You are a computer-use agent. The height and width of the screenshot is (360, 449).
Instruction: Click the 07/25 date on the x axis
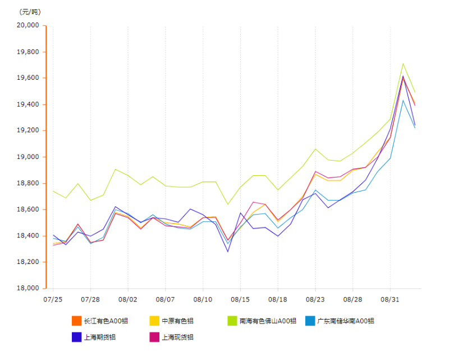pyautogui.click(x=53, y=300)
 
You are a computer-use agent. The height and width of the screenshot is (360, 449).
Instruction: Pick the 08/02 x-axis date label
pyautogui.click(x=128, y=300)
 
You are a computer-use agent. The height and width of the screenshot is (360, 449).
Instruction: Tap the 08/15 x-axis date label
pyautogui.click(x=240, y=300)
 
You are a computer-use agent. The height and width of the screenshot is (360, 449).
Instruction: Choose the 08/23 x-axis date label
pyautogui.click(x=315, y=300)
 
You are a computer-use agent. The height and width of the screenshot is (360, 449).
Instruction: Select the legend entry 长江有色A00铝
pyautogui.click(x=106, y=321)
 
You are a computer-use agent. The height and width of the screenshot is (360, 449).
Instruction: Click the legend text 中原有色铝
pyautogui.click(x=177, y=321)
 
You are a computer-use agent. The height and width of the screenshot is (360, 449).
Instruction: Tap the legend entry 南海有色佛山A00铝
pyautogui.click(x=267, y=321)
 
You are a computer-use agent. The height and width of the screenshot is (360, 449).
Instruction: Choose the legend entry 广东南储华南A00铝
pyautogui.click(x=346, y=321)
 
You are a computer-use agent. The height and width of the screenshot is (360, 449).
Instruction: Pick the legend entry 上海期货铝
pyautogui.click(x=100, y=337)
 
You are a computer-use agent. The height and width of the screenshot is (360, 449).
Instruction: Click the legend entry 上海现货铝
pyautogui.click(x=177, y=337)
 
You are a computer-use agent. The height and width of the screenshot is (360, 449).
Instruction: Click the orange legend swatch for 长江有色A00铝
pyautogui.click(x=76, y=321)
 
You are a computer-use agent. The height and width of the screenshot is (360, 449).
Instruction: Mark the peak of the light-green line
pyautogui.click(x=403, y=63)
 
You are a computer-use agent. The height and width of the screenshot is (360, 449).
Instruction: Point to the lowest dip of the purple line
pyautogui.click(x=228, y=251)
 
